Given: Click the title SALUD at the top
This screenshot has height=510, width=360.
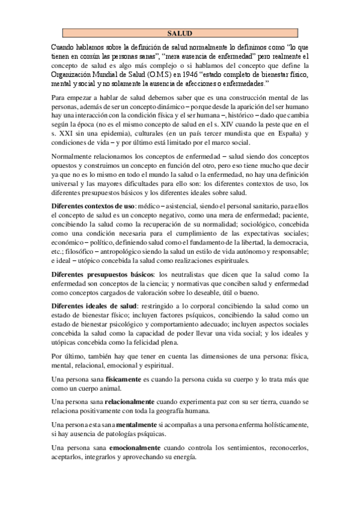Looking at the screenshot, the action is [180, 34].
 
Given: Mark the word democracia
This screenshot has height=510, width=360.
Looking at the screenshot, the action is [285, 241].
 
